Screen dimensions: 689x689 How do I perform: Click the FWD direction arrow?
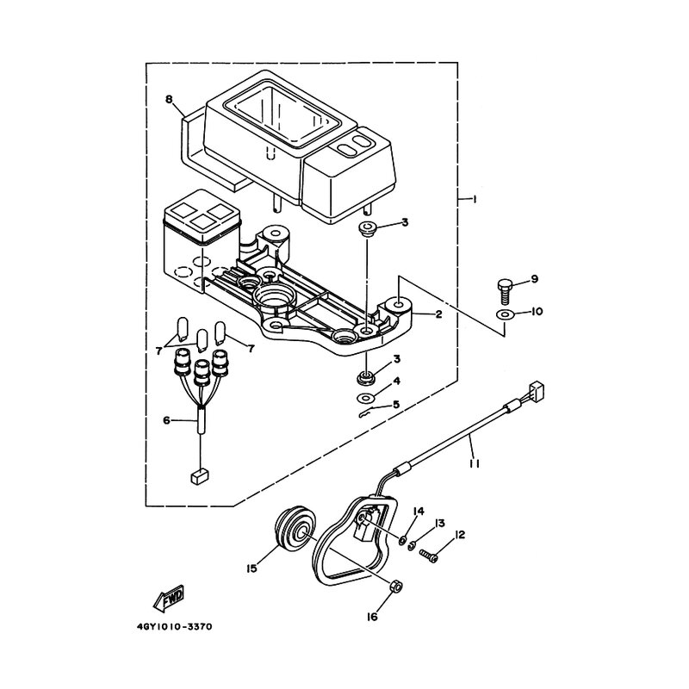pyautogui.click(x=169, y=598)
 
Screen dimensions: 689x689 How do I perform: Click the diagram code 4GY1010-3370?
pyautogui.click(x=175, y=627)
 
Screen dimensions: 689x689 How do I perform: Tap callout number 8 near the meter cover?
pyautogui.click(x=169, y=99)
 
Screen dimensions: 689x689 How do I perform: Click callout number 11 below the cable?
pyautogui.click(x=475, y=463)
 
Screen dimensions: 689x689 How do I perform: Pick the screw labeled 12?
pyautogui.click(x=428, y=556)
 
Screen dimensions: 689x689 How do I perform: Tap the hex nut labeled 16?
pyautogui.click(x=396, y=586)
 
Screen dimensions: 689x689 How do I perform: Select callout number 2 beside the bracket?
pyautogui.click(x=438, y=314)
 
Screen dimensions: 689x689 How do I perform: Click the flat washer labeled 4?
pyautogui.click(x=364, y=398)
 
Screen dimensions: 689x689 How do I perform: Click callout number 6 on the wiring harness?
pyautogui.click(x=166, y=420)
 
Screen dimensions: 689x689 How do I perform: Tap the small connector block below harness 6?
pyautogui.click(x=200, y=477)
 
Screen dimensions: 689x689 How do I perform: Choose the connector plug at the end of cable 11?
pyautogui.click(x=538, y=389)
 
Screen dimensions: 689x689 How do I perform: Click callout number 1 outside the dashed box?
pyautogui.click(x=475, y=200)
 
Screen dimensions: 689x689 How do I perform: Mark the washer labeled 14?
pyautogui.click(x=402, y=540)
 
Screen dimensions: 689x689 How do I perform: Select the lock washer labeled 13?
pyautogui.click(x=412, y=547)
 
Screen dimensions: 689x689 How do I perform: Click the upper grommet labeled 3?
pyautogui.click(x=364, y=229)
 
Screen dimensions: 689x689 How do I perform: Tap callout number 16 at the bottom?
pyautogui.click(x=372, y=617)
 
